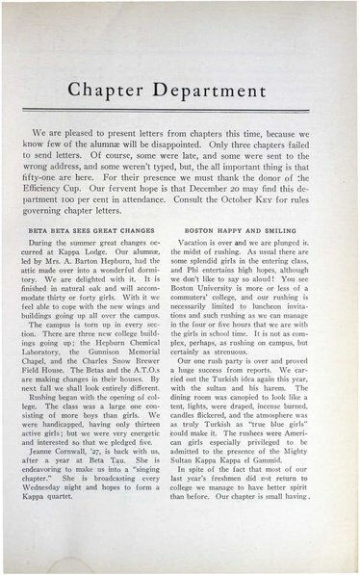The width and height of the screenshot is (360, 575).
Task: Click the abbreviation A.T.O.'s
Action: [x=155, y=382]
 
